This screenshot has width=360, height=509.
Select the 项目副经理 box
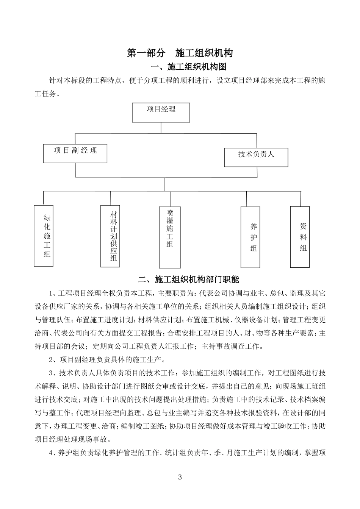click(75, 153)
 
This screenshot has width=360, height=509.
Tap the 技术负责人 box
click(256, 157)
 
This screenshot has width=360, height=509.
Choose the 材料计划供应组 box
click(110, 236)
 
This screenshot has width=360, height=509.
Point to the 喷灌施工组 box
click(169, 237)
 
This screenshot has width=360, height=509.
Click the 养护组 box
click(250, 237)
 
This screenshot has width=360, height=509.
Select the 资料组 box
click(300, 237)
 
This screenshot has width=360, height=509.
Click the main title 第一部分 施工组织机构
click(180, 53)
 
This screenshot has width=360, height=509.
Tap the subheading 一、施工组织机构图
click(188, 67)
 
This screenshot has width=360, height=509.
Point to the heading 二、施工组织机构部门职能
click(188, 280)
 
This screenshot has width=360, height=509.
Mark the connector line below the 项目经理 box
click(161, 127)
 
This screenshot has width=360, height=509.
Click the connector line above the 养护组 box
click(246, 199)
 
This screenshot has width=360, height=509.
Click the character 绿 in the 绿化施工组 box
click(47, 218)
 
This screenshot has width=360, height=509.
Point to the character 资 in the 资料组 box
click(304, 226)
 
